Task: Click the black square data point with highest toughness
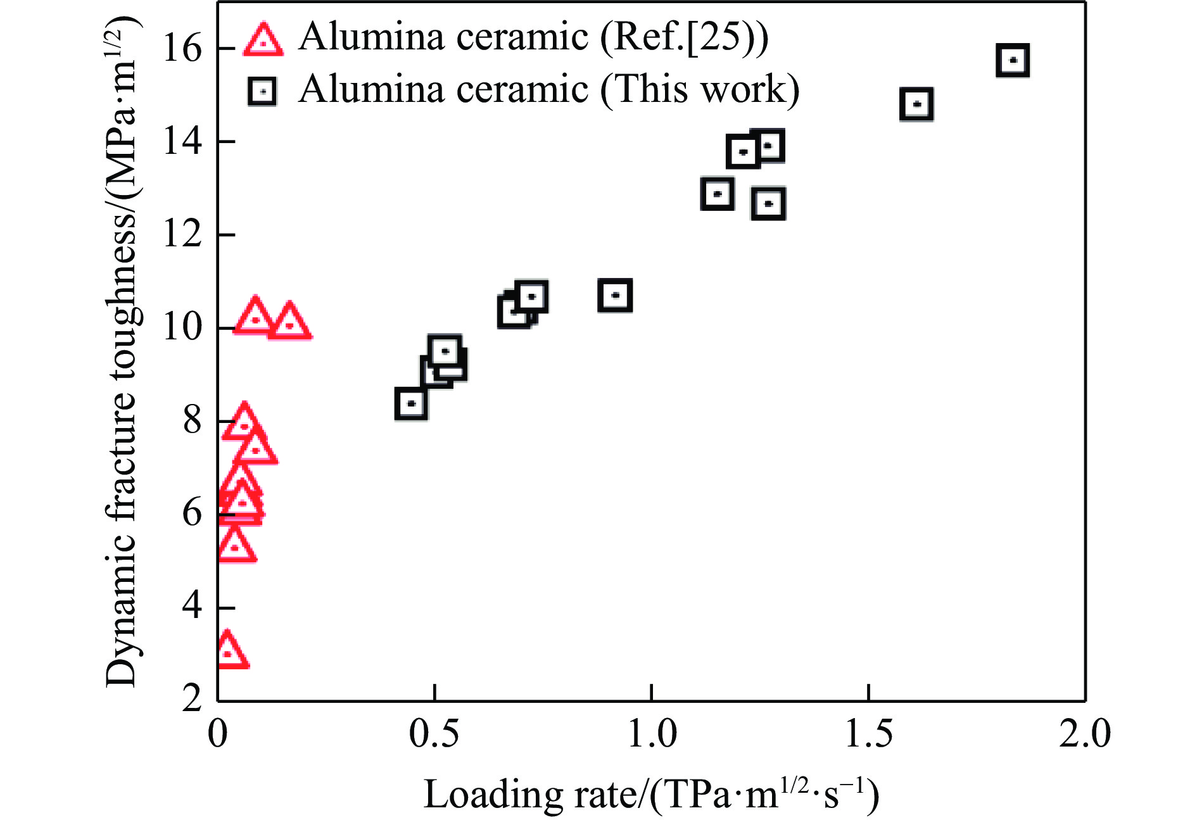click(x=1012, y=61)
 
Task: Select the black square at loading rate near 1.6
click(x=916, y=104)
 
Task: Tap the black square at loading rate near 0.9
click(x=615, y=295)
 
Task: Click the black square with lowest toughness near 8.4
click(x=411, y=403)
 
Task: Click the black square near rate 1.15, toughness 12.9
click(x=718, y=194)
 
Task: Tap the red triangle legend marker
click(x=263, y=41)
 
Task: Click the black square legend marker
click(x=262, y=92)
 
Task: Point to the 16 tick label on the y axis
click(x=182, y=48)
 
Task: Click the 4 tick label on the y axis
click(x=192, y=607)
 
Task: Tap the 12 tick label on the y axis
click(x=182, y=234)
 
